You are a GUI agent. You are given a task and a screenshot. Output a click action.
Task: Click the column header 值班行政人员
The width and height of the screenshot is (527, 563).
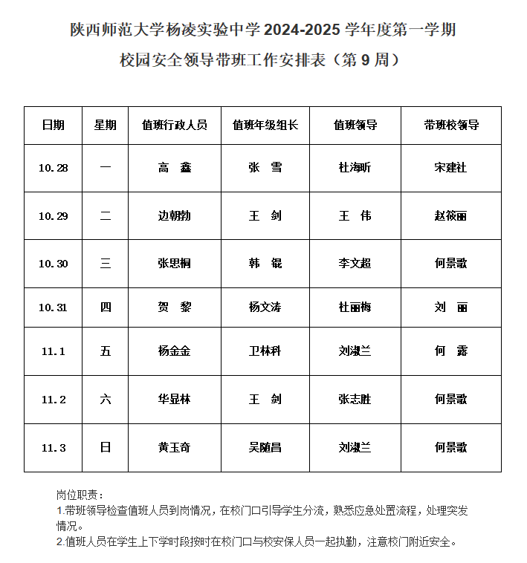tap(175, 126)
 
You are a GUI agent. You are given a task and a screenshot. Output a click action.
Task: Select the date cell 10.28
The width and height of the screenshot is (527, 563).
tap(53, 168)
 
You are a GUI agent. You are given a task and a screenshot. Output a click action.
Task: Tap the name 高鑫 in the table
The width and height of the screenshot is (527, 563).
tap(175, 168)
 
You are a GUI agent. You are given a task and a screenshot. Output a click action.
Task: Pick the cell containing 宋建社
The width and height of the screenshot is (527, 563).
tap(450, 168)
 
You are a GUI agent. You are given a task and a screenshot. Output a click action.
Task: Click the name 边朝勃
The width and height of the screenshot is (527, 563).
tap(175, 216)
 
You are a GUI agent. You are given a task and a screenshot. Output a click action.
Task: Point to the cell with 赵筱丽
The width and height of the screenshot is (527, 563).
tap(450, 216)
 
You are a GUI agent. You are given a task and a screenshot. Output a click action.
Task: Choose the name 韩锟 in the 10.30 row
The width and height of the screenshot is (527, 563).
tap(265, 263)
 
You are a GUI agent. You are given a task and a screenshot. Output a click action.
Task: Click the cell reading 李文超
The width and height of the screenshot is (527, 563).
tap(355, 263)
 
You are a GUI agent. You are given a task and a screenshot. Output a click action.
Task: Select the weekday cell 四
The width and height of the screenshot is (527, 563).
tap(106, 307)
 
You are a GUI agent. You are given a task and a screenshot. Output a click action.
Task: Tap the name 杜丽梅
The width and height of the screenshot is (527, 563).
tap(355, 307)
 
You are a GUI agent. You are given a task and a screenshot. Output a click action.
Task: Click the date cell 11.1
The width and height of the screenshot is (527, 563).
tap(53, 351)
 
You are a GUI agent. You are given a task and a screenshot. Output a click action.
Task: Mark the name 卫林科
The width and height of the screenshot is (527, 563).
tap(265, 351)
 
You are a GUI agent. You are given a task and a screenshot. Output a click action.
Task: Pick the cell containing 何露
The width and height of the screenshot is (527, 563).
tap(450, 351)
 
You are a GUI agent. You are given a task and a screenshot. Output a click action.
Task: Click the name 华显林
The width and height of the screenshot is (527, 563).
tap(175, 400)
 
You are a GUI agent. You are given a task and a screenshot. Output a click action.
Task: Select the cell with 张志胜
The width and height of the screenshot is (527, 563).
tap(355, 400)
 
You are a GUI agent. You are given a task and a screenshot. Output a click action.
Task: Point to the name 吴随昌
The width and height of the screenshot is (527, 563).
tap(265, 448)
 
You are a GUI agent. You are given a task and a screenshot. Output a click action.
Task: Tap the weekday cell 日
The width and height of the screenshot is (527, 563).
tap(106, 448)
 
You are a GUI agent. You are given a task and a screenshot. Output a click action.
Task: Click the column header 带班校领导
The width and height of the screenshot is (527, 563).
tap(450, 126)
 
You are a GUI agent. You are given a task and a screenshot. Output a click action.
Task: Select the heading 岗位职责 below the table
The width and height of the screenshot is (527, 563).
tap(80, 495)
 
